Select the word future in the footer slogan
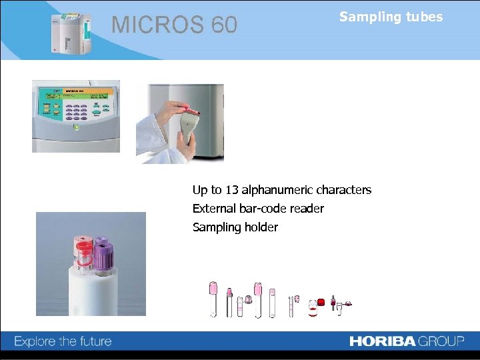[x=92, y=341]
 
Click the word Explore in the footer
[x=35, y=341]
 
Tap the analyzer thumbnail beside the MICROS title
[x=69, y=32]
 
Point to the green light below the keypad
[x=76, y=125]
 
